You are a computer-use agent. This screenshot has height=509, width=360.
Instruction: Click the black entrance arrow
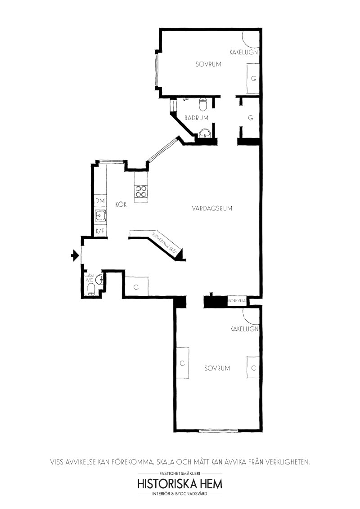pyautogui.click(x=75, y=255)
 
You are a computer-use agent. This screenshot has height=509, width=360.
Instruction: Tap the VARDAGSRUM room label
pyautogui.click(x=212, y=208)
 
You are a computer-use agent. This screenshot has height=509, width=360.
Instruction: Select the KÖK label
pyautogui.click(x=121, y=205)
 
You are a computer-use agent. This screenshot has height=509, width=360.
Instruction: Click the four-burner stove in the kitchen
pyautogui.click(x=141, y=191)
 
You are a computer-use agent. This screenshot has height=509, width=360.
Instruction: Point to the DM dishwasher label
pyautogui.click(x=100, y=201)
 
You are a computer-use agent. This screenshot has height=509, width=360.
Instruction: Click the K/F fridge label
pyautogui.click(x=100, y=231)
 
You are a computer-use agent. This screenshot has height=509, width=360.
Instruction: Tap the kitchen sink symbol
pyautogui.click(x=100, y=215)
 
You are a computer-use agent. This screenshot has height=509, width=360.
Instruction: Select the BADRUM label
pyautogui.click(x=196, y=118)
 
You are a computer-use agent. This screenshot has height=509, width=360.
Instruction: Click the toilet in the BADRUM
pyautogui.click(x=203, y=104)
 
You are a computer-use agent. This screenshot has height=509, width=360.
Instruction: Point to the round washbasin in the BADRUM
pyautogui.click(x=205, y=133)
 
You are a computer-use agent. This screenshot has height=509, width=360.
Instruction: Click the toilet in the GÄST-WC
pyautogui.click(x=91, y=289)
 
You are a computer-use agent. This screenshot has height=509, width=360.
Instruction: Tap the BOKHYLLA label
pyautogui.click(x=237, y=301)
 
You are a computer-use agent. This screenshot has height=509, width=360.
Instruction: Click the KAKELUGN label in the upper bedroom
pyautogui.click(x=244, y=52)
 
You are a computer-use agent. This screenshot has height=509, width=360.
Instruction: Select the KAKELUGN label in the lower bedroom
pyautogui.click(x=244, y=329)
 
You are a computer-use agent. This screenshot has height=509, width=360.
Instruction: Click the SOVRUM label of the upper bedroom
pyautogui.click(x=208, y=64)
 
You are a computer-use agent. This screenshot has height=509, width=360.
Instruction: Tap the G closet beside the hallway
pyautogui.click(x=136, y=286)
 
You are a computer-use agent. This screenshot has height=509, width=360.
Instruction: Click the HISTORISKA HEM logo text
pyautogui.click(x=180, y=484)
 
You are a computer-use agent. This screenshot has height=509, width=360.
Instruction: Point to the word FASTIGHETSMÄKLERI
pyautogui.click(x=180, y=473)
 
